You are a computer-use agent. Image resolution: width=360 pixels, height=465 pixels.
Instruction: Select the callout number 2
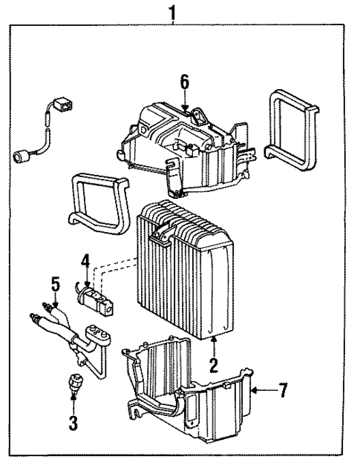coord(214,365)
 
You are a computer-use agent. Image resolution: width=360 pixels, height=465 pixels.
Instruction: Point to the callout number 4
coord(86,260)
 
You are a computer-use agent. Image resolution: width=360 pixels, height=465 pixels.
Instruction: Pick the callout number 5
coord(55,284)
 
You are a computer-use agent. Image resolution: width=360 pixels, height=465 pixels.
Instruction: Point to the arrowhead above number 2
coord(214,340)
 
